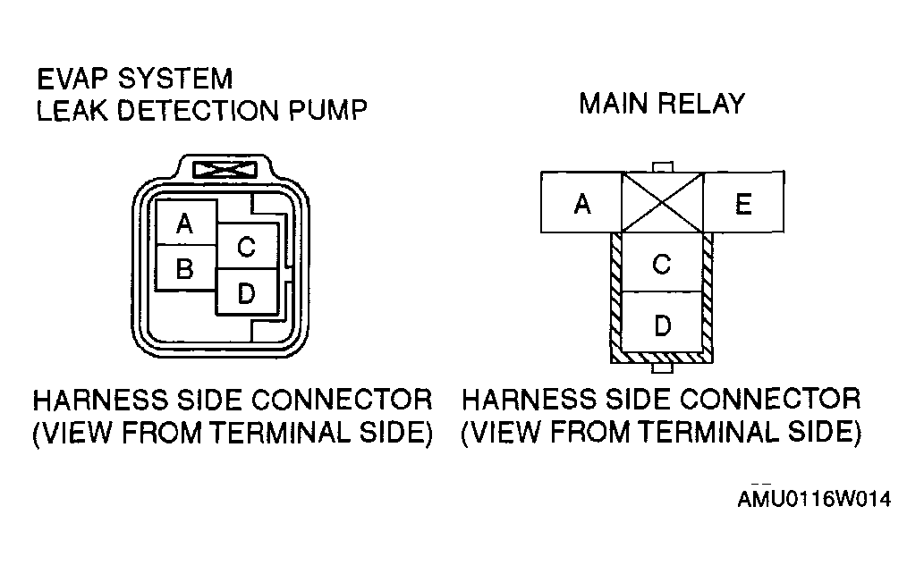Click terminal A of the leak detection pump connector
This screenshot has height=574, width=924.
pyautogui.click(x=185, y=223)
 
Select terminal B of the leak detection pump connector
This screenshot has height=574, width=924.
pyautogui.click(x=185, y=267)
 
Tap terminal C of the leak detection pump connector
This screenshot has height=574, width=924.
pyautogui.click(x=246, y=248)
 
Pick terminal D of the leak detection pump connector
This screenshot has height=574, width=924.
pyautogui.click(x=246, y=291)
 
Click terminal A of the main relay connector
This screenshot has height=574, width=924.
pyautogui.click(x=582, y=205)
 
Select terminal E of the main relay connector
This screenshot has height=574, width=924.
pyautogui.click(x=743, y=205)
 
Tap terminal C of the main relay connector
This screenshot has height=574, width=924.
pyautogui.click(x=662, y=264)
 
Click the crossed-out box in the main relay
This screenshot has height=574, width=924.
pyautogui.click(x=663, y=203)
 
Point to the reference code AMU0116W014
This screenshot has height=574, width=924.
pyautogui.click(x=814, y=499)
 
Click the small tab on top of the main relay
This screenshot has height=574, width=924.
pyautogui.click(x=662, y=167)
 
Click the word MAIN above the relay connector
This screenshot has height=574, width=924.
pyautogui.click(x=615, y=104)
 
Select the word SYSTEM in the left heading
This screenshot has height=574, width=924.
pyautogui.click(x=176, y=79)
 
